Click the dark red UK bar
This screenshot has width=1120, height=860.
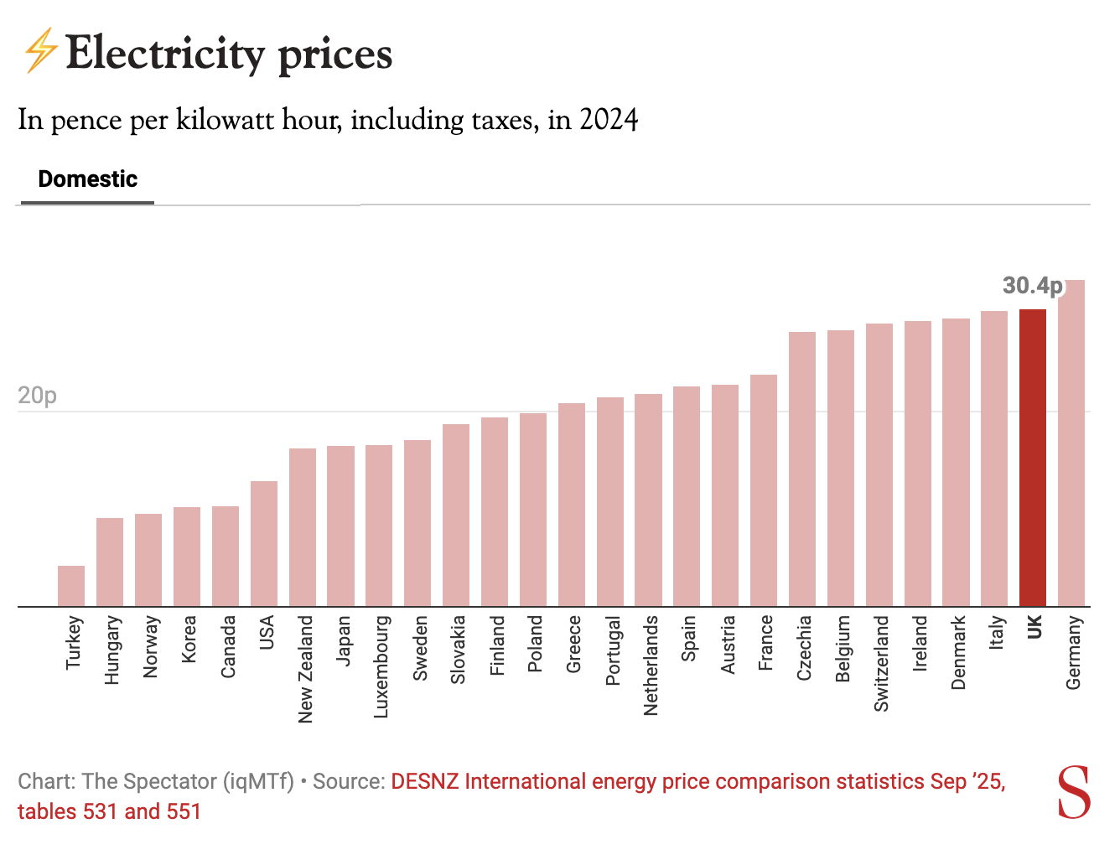click(x=1033, y=458)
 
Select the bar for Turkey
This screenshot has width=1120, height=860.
click(x=71, y=586)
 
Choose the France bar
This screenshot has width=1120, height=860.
click(x=764, y=490)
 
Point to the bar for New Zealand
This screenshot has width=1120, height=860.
click(x=303, y=527)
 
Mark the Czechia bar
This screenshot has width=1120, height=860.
click(x=802, y=469)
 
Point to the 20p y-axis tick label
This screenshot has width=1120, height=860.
click(x=38, y=396)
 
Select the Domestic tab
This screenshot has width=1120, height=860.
click(x=88, y=179)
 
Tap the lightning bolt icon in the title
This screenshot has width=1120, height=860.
click(x=39, y=51)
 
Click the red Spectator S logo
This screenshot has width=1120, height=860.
click(x=1074, y=792)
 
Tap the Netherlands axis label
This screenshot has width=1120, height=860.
click(x=651, y=666)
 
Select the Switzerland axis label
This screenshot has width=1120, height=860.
click(x=882, y=664)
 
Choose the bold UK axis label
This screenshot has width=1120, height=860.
click(x=1034, y=627)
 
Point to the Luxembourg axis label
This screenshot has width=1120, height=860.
click(x=381, y=667)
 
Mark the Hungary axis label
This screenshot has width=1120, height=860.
click(x=112, y=650)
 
